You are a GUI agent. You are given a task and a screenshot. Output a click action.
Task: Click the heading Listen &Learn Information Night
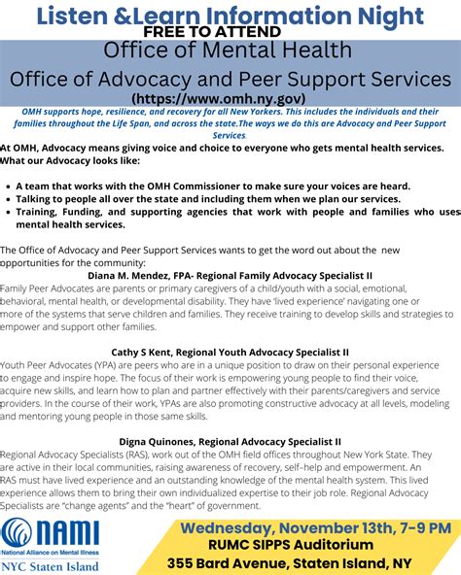coord(230,14)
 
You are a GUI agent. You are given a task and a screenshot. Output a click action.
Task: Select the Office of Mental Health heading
coord(230,51)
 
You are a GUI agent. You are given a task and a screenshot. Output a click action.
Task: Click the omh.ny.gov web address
coord(230,98)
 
